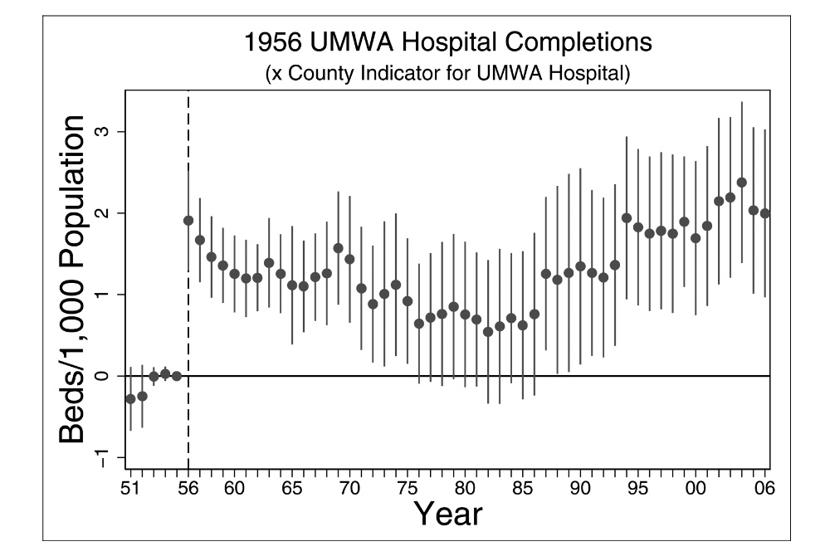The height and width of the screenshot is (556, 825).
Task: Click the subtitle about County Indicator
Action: point(448,74)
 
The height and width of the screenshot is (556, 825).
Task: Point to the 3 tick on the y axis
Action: point(109,132)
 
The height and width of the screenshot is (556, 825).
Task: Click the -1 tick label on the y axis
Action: point(109,457)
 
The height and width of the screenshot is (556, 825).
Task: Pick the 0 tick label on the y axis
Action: point(109,376)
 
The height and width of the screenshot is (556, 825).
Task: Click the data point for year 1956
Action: point(188,221)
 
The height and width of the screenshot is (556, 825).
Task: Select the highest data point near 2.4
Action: point(742,183)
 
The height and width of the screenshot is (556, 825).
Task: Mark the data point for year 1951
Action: point(130,399)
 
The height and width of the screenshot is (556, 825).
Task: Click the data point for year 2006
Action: point(765,213)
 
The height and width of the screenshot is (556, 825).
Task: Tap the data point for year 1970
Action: point(349,259)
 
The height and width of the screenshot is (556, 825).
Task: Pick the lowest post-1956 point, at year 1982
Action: point(488,332)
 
